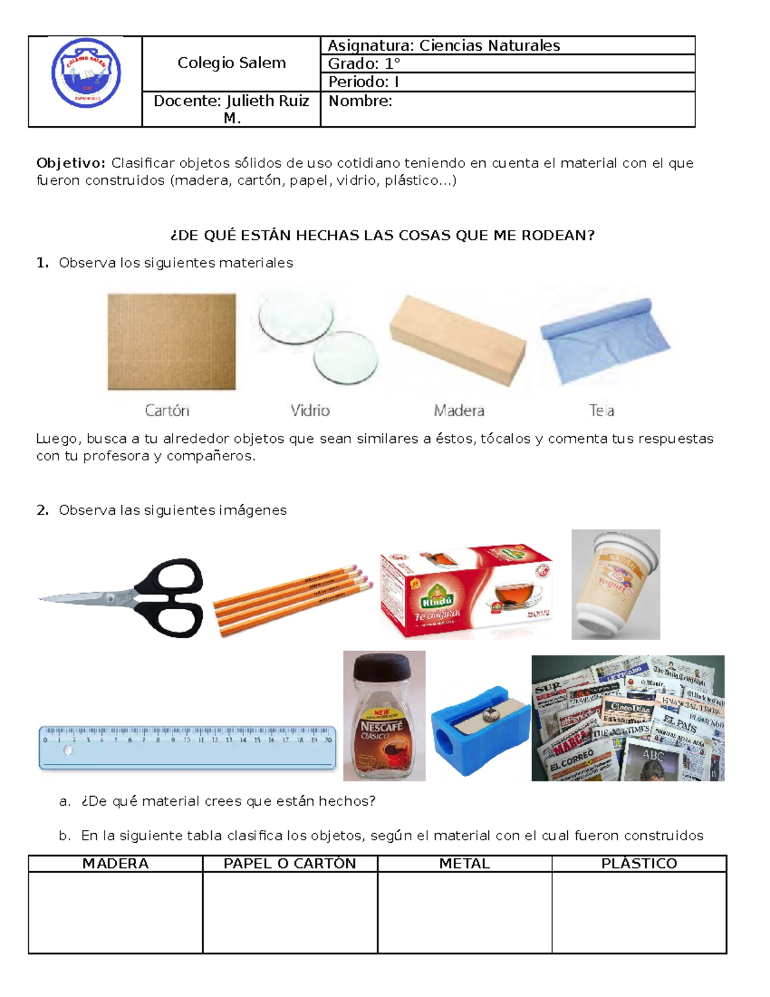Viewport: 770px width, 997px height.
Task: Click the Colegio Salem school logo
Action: pos(86,73)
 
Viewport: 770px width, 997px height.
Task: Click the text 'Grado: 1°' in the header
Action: pos(364,64)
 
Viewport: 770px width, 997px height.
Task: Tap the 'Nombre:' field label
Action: pos(360,101)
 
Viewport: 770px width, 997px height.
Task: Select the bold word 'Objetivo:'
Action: pos(71,163)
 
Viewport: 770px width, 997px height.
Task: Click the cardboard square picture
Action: pos(171,342)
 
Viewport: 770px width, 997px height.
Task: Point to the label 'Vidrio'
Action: pos(310,410)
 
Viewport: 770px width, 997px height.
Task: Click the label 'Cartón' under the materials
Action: pos(167,410)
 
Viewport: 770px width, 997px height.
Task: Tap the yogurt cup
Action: pos(615,584)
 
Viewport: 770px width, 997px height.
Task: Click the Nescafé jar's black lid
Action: pos(384,668)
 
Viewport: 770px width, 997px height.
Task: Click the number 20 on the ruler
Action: pos(328,740)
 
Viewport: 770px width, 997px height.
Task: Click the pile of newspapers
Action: pos(628,718)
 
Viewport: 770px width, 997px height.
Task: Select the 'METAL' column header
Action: pos(464,863)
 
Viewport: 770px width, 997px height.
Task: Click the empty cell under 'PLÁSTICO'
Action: pos(638,912)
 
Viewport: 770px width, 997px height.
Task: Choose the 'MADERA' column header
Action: pos(116,863)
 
